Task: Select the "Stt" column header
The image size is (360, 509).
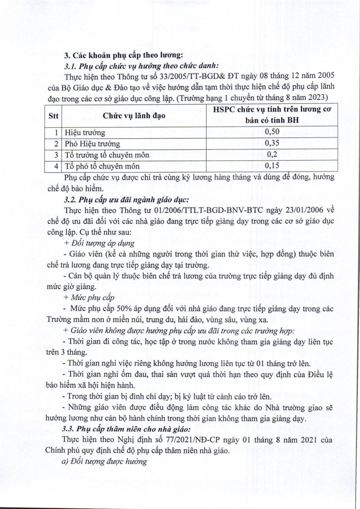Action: [53, 116]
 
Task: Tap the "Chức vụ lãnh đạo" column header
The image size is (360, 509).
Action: [134, 116]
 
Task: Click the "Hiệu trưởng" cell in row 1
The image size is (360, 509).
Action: [85, 133]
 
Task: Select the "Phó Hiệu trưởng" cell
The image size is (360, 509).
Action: [92, 144]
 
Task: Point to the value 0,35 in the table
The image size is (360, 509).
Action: [272, 143]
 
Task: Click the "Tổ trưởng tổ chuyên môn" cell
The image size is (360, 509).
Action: [107, 155]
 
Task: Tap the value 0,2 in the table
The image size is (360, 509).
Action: [272, 154]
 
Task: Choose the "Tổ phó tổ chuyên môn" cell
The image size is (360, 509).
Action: [102, 166]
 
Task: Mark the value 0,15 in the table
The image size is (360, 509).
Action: [272, 166]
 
